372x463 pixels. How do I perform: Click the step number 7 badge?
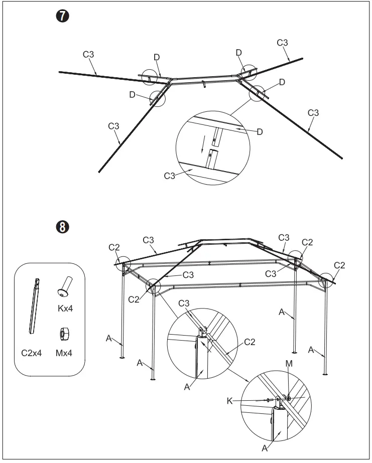(x=62, y=17)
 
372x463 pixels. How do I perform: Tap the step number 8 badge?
(x=62, y=228)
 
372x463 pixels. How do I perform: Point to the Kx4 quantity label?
(x=65, y=308)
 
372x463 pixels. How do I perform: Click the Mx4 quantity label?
(x=64, y=353)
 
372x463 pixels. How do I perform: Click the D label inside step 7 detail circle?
(x=260, y=132)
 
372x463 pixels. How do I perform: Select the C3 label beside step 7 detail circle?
(x=170, y=176)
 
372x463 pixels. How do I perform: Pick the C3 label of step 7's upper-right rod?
(x=283, y=43)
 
